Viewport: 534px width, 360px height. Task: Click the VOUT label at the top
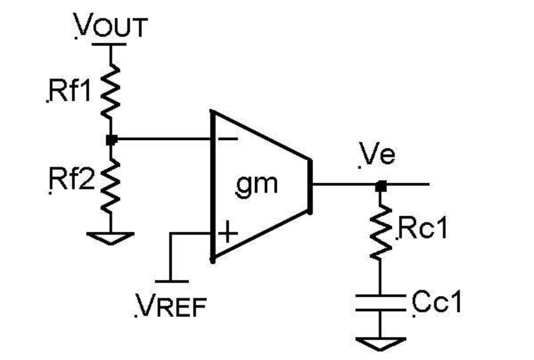[x=112, y=27]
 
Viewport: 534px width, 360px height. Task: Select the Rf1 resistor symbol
[x=110, y=92]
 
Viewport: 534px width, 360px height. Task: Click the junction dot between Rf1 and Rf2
[x=110, y=139]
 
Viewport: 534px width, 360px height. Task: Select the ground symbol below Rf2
[x=110, y=238]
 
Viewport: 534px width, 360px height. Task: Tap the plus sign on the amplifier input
[x=228, y=234]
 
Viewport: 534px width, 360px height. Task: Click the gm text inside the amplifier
[x=256, y=184]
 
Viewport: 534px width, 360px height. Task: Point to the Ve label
[x=377, y=155]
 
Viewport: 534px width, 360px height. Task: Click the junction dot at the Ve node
[x=381, y=186]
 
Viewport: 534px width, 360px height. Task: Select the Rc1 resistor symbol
[x=381, y=232]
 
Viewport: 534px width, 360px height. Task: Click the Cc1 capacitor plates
[x=381, y=302]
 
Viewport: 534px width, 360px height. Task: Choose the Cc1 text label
[x=436, y=303]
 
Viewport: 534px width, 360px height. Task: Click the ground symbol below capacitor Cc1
[x=381, y=344]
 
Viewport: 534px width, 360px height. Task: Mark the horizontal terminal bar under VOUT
[x=111, y=44]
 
